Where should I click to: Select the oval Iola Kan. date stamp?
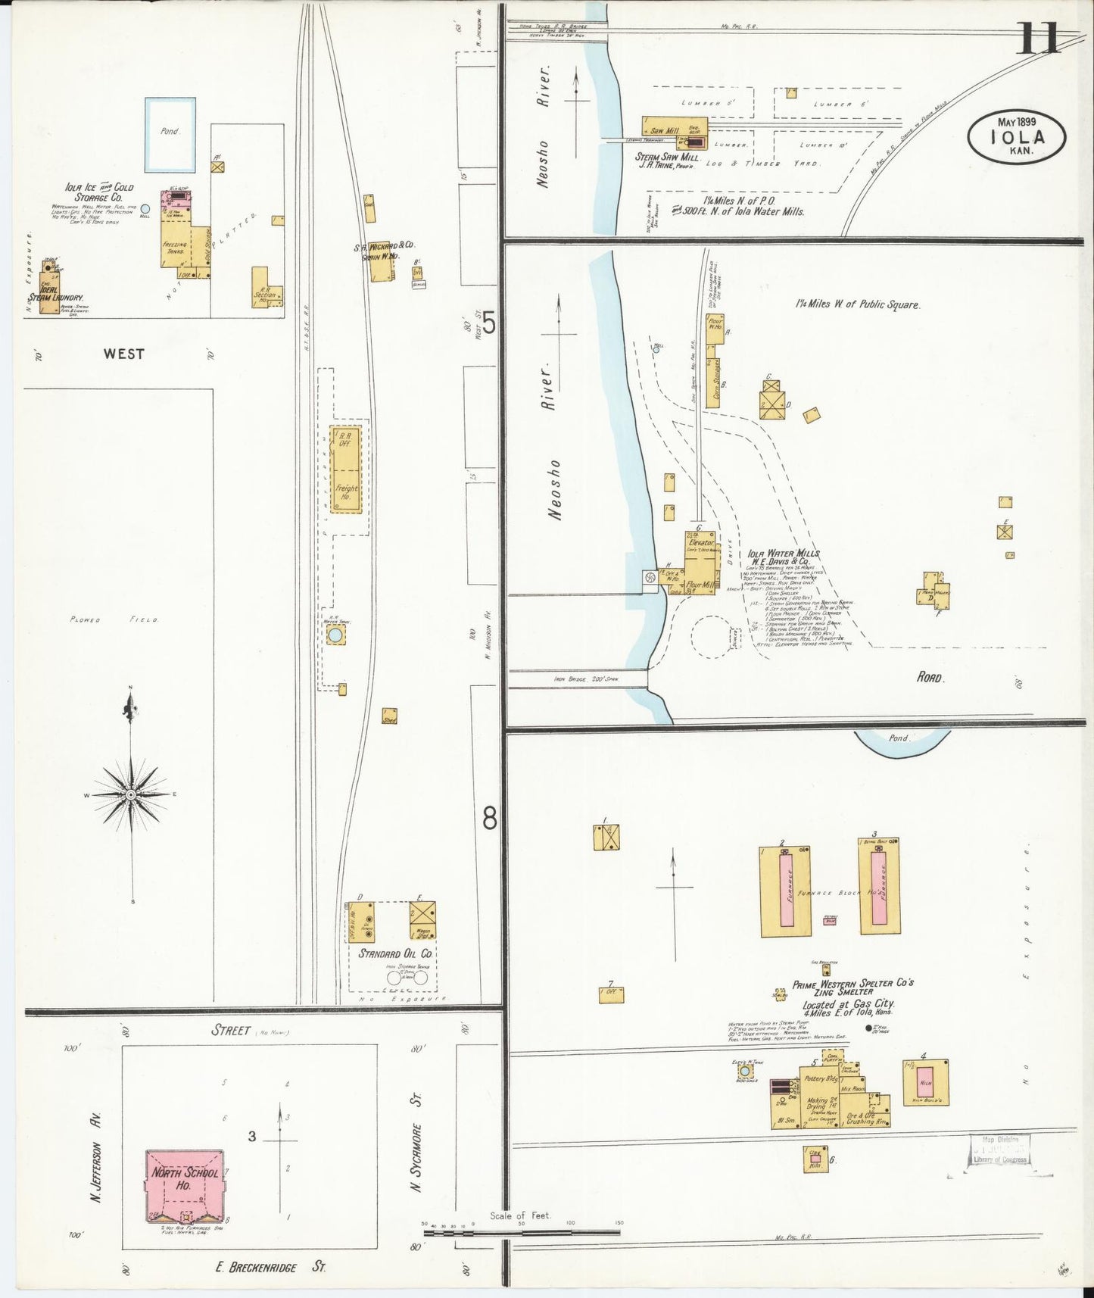tap(1017, 136)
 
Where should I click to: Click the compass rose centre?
tap(130, 794)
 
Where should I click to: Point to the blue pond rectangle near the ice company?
tap(170, 134)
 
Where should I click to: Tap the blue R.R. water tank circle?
tap(335, 636)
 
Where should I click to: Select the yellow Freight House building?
tap(345, 470)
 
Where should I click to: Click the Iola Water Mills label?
tap(784, 554)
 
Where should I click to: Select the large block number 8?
tap(490, 818)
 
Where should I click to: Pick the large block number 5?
tap(489, 325)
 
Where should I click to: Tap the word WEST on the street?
tap(124, 353)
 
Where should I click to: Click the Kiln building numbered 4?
tap(924, 1083)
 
